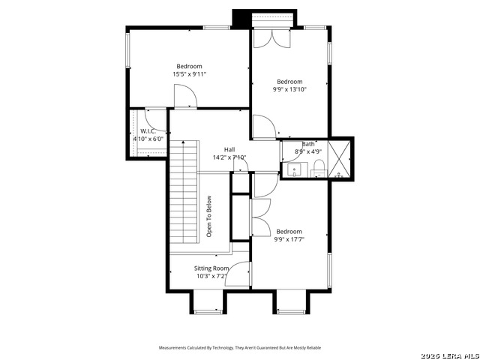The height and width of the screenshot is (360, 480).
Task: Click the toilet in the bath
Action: pyautogui.click(x=318, y=166)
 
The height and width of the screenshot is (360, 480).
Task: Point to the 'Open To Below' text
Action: pyautogui.click(x=209, y=217)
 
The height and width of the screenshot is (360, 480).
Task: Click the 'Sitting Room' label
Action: pyautogui.click(x=211, y=268)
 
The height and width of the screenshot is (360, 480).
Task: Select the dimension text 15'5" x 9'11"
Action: pyautogui.click(x=189, y=74)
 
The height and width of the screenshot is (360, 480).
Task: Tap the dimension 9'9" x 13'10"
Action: pyautogui.click(x=289, y=89)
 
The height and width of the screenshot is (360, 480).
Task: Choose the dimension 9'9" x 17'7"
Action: pyautogui.click(x=289, y=239)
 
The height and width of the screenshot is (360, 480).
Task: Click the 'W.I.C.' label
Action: pyautogui.click(x=147, y=131)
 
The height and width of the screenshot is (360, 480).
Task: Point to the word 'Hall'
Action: pyautogui.click(x=229, y=149)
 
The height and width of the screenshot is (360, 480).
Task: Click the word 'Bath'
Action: pyautogui.click(x=308, y=144)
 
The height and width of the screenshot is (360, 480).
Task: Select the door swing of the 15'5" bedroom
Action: pyautogui.click(x=184, y=97)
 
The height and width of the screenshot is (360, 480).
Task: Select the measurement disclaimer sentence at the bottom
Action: pyautogui.click(x=239, y=348)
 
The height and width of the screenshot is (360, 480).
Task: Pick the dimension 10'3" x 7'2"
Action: pyautogui.click(x=211, y=276)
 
